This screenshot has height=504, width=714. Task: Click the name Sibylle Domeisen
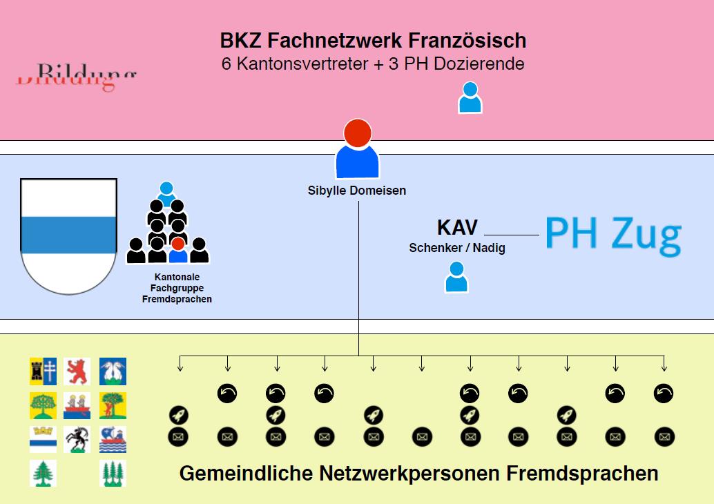pyautogui.click(x=357, y=191)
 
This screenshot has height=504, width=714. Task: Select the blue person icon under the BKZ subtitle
pyautogui.click(x=470, y=97)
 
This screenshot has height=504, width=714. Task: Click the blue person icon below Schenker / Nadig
pyautogui.click(x=456, y=278)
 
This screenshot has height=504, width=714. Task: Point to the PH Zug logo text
pyautogui.click(x=612, y=235)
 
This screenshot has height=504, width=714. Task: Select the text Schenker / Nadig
pyautogui.click(x=457, y=248)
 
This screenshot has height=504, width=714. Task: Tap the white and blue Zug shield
pyautogui.click(x=68, y=235)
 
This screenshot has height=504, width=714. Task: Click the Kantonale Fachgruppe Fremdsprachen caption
pyautogui.click(x=177, y=288)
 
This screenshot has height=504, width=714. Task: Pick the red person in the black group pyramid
pyautogui.click(x=178, y=250)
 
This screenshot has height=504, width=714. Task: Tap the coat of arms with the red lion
pyautogui.click(x=77, y=371)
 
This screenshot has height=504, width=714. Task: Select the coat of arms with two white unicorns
pyautogui.click(x=113, y=371)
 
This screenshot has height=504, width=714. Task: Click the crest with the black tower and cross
pyautogui.click(x=43, y=371)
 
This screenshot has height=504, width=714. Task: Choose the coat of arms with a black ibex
pyautogui.click(x=77, y=438)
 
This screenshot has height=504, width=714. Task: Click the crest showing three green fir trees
pyautogui.click(x=113, y=473)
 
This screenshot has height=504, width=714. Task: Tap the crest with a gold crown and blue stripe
pyautogui.click(x=43, y=438)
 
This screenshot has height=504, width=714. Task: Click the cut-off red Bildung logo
pyautogui.click(x=76, y=77)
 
